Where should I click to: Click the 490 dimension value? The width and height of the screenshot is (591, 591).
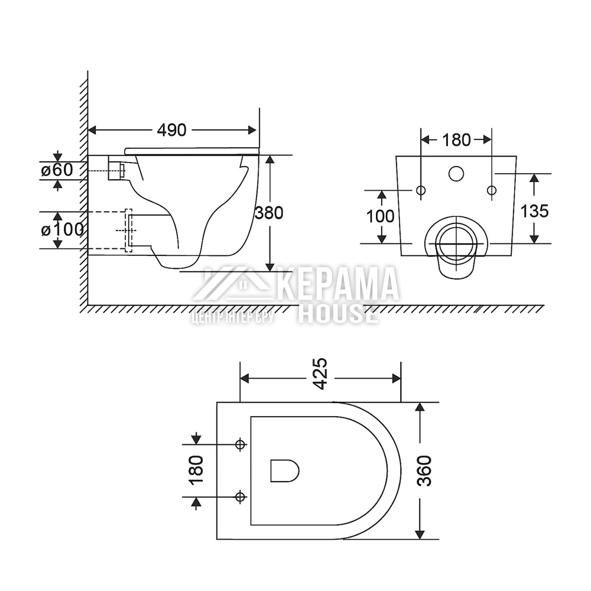point(171,130)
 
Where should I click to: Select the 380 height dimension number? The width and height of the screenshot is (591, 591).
point(269,213)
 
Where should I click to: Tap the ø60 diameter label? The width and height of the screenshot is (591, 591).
point(57,170)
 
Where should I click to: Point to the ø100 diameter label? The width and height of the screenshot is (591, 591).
point(62,229)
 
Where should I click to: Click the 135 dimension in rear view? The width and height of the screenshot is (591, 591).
point(534,211)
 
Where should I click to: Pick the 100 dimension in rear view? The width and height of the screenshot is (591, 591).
point(380,216)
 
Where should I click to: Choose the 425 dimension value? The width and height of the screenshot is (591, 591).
point(320,374)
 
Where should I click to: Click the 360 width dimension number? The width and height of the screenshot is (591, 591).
point(425,471)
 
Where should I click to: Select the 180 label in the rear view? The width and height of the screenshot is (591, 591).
point(456,140)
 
